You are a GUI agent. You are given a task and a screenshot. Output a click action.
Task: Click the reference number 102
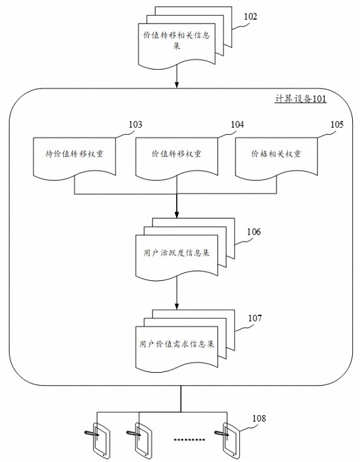point(250,16)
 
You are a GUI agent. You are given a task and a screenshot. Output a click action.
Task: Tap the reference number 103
point(136,124)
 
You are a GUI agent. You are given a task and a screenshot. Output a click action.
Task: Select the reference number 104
point(237,124)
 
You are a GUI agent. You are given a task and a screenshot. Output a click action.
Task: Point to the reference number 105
point(337,124)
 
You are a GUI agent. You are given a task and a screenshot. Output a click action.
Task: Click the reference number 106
point(254,232)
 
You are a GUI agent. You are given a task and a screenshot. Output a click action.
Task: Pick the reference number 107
point(255,318)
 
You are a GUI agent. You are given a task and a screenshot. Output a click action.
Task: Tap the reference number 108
point(259,418)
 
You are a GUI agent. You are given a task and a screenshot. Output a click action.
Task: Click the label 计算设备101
point(301,98)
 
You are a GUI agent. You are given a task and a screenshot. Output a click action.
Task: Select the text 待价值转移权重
point(74,154)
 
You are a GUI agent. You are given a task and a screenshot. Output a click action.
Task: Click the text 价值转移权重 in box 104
point(176,154)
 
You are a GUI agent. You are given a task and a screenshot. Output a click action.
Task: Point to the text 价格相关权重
point(276,154)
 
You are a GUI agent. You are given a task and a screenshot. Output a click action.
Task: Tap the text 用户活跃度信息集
point(177,253)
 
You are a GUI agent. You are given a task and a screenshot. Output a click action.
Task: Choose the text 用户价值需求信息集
point(177,344)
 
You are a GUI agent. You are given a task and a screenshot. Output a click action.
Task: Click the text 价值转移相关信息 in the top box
point(177,35)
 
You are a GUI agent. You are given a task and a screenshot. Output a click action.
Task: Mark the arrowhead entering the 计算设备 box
point(177,85)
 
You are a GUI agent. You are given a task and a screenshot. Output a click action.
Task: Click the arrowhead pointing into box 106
point(177,214)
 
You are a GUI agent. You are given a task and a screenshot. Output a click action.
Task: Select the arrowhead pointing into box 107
point(177,306)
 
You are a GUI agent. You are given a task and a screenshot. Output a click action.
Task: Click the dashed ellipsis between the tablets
point(189,440)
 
